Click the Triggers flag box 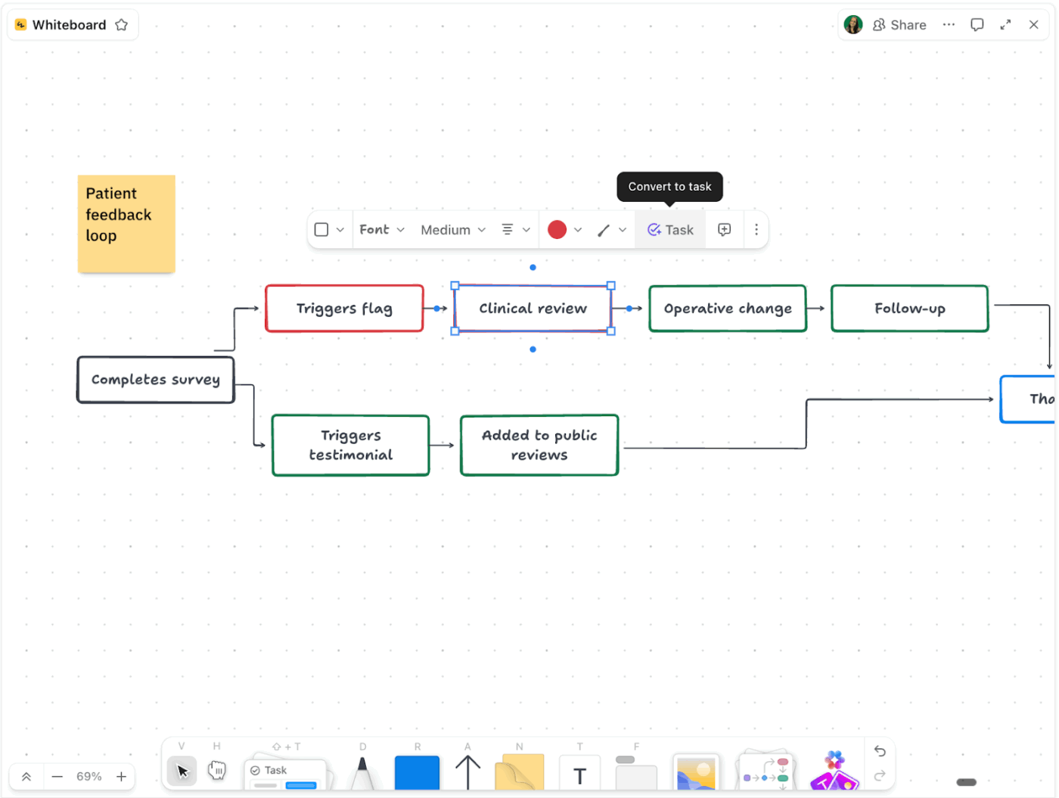(344, 309)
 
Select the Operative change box (727, 309)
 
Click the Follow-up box (909, 309)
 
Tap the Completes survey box (155, 380)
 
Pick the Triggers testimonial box (350, 445)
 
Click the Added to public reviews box (539, 445)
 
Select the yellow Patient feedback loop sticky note (126, 224)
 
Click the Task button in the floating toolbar (670, 230)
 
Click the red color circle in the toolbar (557, 230)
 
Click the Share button (899, 25)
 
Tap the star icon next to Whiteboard (122, 25)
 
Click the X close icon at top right (1033, 25)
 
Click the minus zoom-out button (57, 777)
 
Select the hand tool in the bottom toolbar (217, 771)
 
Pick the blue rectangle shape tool (417, 772)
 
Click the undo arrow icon (880, 751)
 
